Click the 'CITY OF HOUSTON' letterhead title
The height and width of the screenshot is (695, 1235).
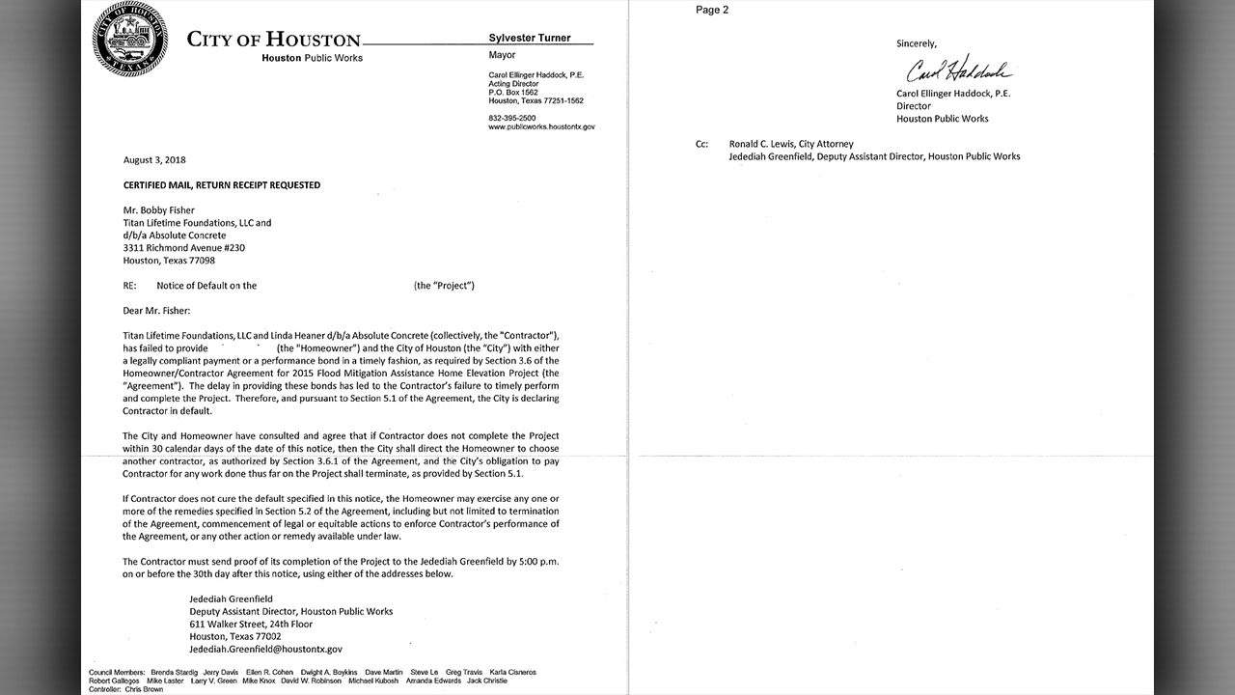pos(273,40)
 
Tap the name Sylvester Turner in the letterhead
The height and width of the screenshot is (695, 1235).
pos(530,38)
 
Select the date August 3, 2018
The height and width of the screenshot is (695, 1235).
pos(154,159)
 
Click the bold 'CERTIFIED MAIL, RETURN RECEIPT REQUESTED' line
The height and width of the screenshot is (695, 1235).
pos(222,184)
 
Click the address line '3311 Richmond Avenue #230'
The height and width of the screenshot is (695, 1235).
pos(182,247)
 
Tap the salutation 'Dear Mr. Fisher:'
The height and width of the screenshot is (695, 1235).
pos(157,310)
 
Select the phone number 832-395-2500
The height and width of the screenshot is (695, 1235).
pos(513,117)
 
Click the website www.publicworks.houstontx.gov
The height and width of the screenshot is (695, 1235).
pos(541,126)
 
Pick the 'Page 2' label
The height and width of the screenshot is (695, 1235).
pos(712,11)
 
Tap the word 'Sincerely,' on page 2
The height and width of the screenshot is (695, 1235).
pos(917,43)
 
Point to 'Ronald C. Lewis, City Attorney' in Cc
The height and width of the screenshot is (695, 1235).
pos(791,144)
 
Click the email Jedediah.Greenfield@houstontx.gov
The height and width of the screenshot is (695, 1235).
pos(267,649)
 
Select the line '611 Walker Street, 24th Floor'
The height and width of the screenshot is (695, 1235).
pos(252,624)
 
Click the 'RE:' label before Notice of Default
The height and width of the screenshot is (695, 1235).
pos(130,285)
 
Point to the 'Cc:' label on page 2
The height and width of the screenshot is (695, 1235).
pos(702,144)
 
